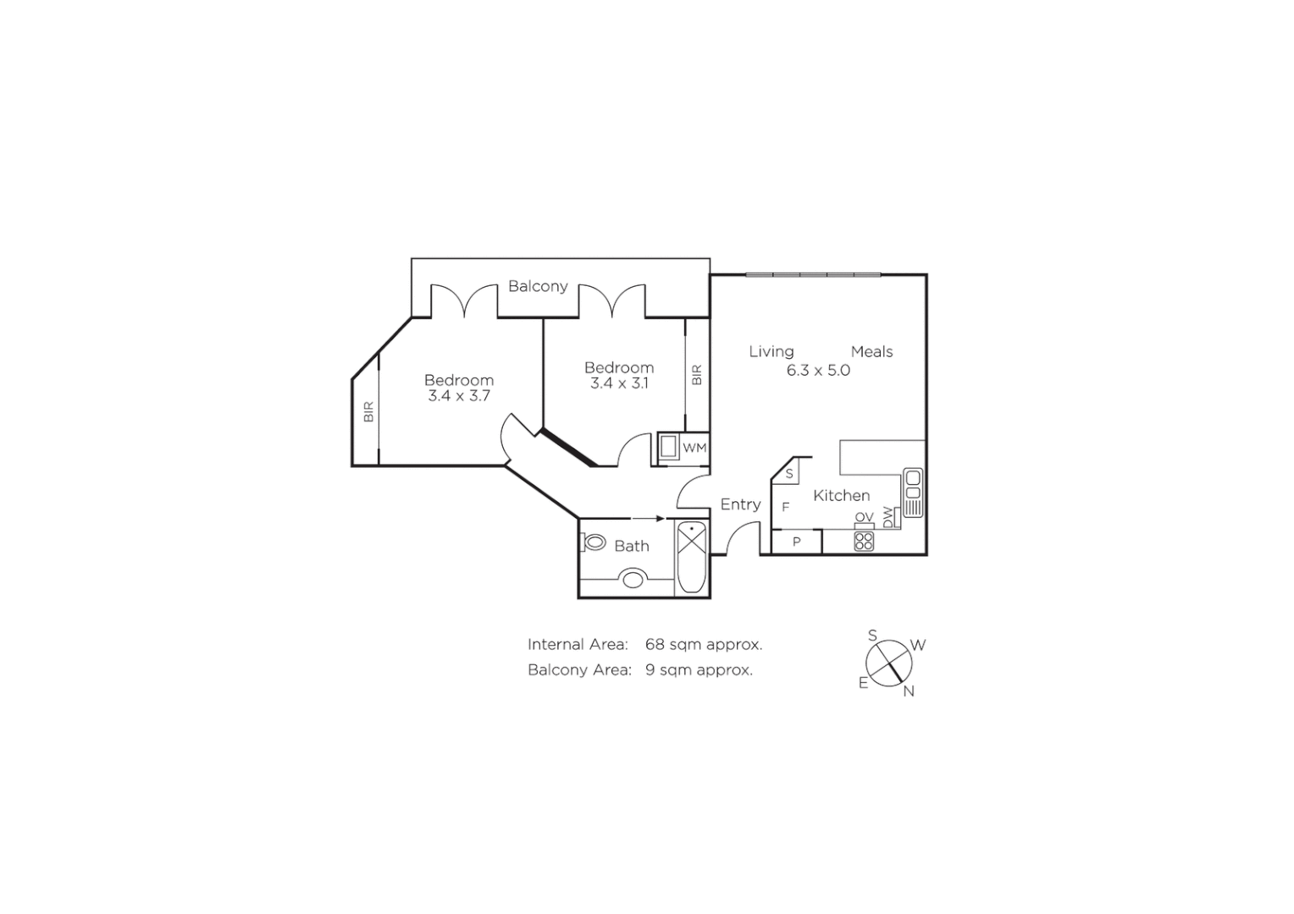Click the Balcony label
(x=538, y=286)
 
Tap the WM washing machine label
(x=694, y=448)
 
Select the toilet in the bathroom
(x=595, y=542)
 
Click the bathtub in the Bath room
(x=692, y=557)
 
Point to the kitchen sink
(x=912, y=491)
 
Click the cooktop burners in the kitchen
(x=864, y=540)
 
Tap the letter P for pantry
(x=797, y=542)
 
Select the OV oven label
(x=864, y=517)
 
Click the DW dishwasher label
(x=888, y=517)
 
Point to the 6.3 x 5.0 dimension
(x=818, y=371)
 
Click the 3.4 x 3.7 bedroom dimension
(x=459, y=396)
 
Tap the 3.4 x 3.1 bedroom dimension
(x=619, y=383)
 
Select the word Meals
(x=871, y=352)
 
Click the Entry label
(x=740, y=504)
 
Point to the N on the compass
(x=909, y=691)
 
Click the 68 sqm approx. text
(x=704, y=645)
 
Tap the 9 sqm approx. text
(x=699, y=670)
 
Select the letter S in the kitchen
(x=789, y=474)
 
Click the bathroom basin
(x=633, y=580)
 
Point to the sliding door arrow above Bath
(x=649, y=518)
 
